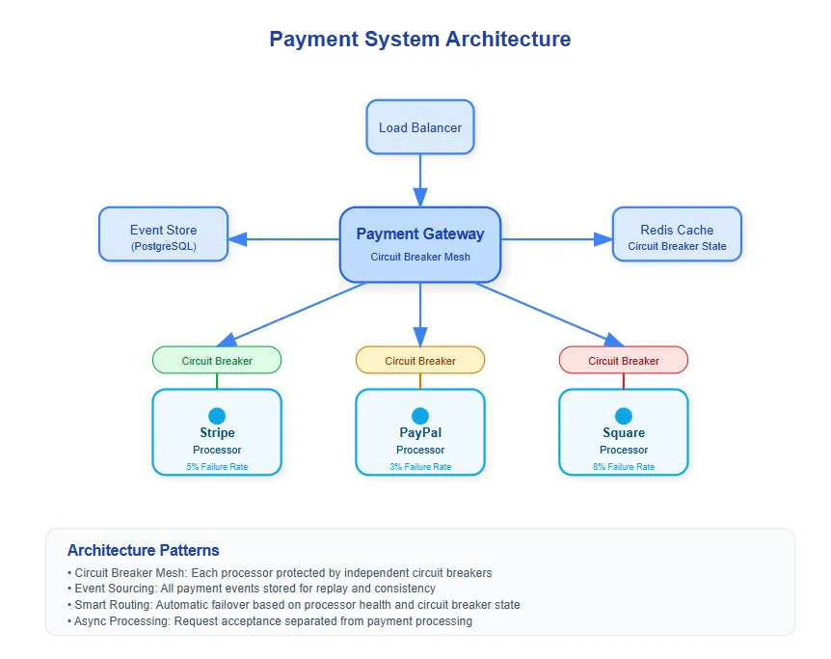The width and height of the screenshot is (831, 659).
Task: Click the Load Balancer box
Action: [419, 127]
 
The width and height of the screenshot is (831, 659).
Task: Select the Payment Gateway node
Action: [419, 245]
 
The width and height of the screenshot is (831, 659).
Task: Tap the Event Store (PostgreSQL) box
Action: [163, 234]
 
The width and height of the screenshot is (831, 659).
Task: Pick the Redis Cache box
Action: [677, 234]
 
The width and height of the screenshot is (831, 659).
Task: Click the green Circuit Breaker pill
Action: [217, 360]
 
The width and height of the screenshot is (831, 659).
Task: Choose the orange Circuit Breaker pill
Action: [419, 360]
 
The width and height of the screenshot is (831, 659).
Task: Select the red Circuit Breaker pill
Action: [623, 360]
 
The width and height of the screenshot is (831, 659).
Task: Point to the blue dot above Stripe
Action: [217, 416]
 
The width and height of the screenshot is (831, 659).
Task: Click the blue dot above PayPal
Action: [419, 416]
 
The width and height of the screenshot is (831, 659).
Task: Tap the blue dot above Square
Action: [623, 416]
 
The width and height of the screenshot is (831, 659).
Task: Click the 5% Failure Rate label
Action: [217, 467]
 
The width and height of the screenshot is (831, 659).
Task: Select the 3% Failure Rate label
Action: [420, 467]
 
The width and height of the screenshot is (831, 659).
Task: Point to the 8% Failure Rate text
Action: [623, 467]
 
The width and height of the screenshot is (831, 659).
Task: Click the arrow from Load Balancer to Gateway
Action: [419, 180]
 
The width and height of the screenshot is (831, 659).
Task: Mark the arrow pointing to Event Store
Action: [284, 239]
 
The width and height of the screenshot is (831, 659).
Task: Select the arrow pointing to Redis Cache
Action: [556, 239]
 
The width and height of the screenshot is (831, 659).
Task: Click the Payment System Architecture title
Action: [419, 40]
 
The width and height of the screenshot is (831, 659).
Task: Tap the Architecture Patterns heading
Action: [143, 550]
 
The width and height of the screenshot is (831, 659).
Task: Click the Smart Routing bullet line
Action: [294, 605]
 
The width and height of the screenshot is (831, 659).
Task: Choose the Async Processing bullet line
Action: [270, 621]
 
